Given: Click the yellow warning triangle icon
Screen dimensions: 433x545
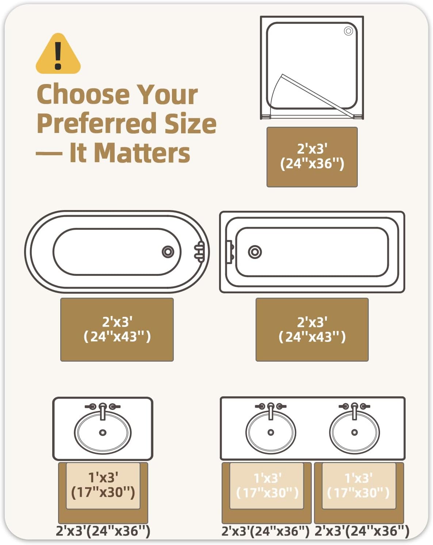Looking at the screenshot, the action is coord(58,54).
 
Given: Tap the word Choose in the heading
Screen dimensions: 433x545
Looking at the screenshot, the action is coord(83,94).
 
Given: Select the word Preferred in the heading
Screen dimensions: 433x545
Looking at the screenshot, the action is coord(96,123).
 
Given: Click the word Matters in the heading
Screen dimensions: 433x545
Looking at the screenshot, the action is coord(142,153).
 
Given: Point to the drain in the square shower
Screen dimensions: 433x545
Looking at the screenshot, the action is coord(348,31).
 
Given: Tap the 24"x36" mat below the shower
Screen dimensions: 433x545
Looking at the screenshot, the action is coord(312,157).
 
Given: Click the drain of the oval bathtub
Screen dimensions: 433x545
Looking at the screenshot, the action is coord(168,252).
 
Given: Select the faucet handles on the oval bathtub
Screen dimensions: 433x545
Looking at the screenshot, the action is coord(200,252).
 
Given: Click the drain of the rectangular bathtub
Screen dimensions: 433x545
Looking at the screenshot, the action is coord(255,252).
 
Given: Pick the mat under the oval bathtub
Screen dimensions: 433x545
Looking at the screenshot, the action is coord(117,329).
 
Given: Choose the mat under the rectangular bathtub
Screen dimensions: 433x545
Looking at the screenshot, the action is coord(312,329).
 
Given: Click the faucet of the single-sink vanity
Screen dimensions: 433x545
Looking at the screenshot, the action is coord(103,411).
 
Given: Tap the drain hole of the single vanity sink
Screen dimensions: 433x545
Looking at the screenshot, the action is coord(103,432).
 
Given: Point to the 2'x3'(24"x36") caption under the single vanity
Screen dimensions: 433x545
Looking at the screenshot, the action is coord(103,530).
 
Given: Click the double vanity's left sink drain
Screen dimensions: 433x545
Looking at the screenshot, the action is coord(271,432).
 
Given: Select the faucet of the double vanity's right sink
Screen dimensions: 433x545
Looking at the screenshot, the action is coord(355,411).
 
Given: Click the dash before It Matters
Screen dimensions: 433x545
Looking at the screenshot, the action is coord(49,153).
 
